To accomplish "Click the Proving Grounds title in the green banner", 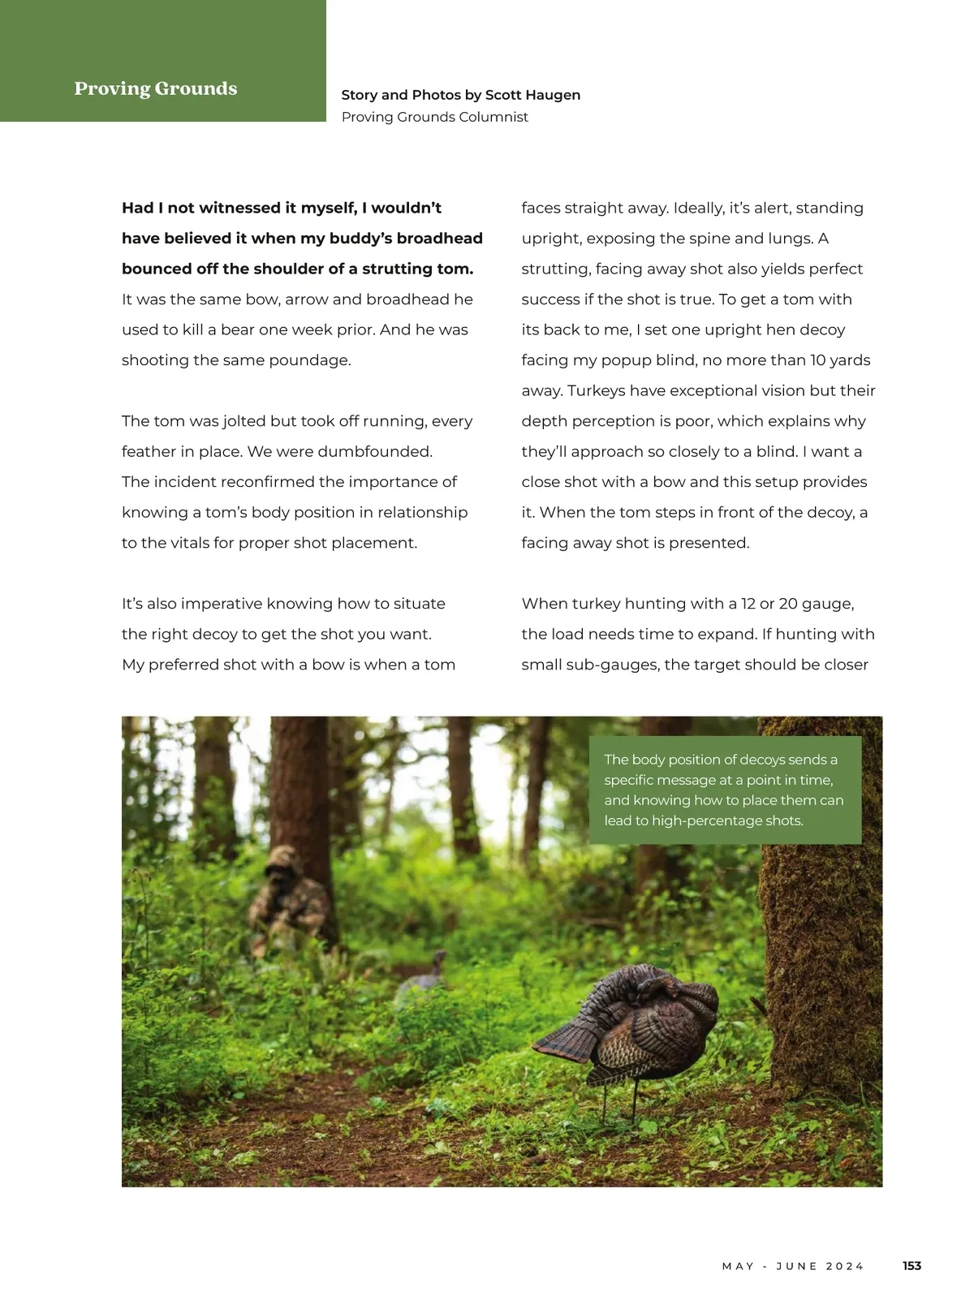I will [156, 88].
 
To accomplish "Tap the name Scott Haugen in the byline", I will [532, 95].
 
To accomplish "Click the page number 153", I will [912, 1266].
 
